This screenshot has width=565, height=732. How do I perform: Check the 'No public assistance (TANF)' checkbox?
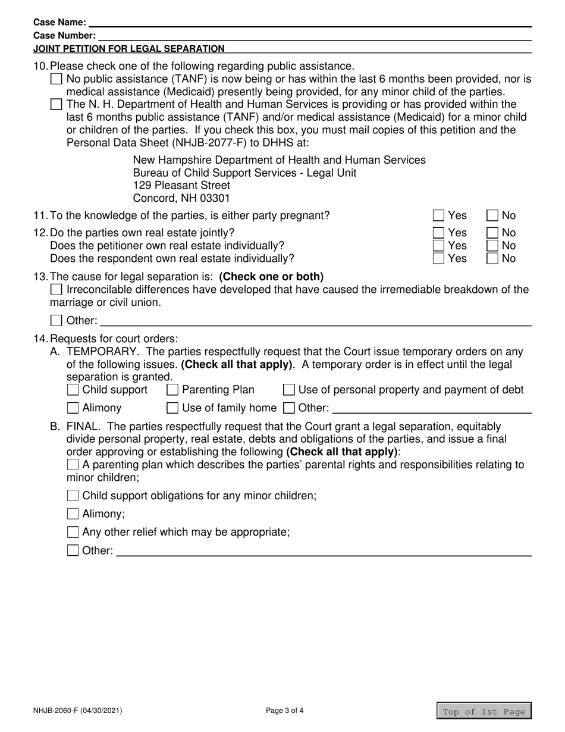pos(56,79)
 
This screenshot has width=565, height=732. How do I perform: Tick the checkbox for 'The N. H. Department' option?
pos(56,104)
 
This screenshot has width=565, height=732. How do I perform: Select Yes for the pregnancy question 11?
pos(439,215)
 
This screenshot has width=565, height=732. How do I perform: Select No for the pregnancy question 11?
pos(493,215)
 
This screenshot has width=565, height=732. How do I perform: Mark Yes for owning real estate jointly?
pos(439,233)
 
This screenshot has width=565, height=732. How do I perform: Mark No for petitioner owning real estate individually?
pos(493,245)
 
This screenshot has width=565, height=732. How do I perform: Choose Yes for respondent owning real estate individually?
pos(439,258)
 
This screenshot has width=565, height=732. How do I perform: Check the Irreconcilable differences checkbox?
pos(56,290)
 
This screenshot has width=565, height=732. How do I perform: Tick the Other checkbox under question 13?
pos(56,321)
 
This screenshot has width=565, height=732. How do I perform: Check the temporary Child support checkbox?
pos(73,390)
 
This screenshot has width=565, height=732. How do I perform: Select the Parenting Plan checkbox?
pos(172,390)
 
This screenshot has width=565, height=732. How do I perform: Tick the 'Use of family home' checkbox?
pos(172,408)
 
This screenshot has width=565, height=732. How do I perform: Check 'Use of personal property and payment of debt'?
pos(289,390)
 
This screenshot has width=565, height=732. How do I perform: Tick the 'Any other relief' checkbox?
pos(73,532)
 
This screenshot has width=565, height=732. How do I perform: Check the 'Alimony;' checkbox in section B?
pos(73,514)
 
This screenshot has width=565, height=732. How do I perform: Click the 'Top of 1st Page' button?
pos(484,711)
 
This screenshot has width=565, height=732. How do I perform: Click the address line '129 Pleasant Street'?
pos(181,185)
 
